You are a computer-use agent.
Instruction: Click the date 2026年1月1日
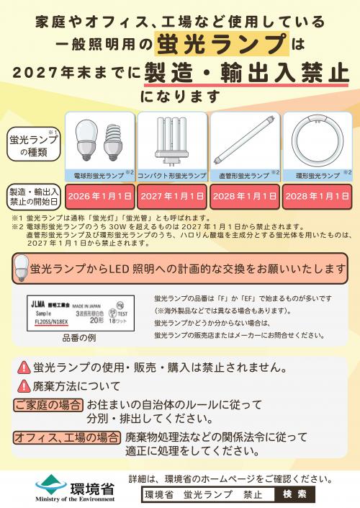(x=99, y=195)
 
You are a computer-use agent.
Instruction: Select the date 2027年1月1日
(x=172, y=195)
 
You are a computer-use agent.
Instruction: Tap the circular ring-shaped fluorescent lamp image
(x=318, y=142)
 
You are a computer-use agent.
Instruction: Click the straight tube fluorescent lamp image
(x=245, y=141)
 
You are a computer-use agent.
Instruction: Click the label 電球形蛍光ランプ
(x=97, y=175)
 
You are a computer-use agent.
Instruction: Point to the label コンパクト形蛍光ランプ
(x=171, y=175)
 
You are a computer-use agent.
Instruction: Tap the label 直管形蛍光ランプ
(x=242, y=175)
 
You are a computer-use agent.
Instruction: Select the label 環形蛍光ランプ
(x=315, y=175)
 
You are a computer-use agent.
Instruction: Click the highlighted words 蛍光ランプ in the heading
(x=220, y=45)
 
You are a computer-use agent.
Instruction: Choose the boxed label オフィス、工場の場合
(x=67, y=437)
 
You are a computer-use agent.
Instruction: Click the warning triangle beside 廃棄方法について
(x=24, y=386)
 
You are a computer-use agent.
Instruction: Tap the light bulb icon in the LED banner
(x=22, y=270)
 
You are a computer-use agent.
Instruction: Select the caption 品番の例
(x=80, y=336)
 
